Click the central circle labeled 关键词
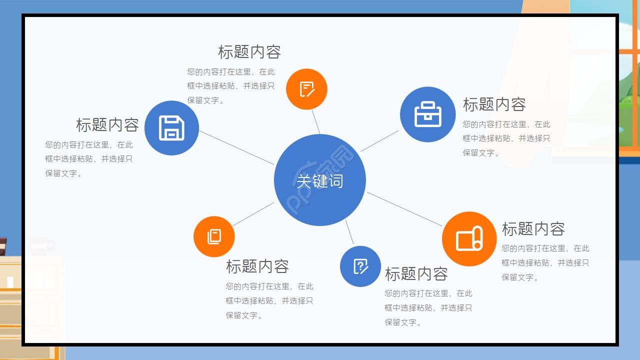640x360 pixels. (320, 180)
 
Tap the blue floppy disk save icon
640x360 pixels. (171, 128)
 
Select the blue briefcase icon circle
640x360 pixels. (428, 114)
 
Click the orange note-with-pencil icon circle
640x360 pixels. (306, 89)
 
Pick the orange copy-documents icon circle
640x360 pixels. (214, 236)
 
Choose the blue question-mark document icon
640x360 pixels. (360, 266)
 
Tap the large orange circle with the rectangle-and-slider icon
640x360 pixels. (469, 239)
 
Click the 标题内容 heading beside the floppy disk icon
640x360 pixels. (107, 124)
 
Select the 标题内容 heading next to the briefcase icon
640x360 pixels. (494, 104)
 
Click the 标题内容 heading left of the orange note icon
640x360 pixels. (249, 52)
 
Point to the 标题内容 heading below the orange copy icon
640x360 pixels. (257, 266)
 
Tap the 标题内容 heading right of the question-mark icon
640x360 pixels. (416, 274)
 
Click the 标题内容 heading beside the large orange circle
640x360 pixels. (533, 229)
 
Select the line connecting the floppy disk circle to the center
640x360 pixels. (236, 147)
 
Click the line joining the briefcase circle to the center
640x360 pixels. (379, 141)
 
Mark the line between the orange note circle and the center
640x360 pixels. (316, 121)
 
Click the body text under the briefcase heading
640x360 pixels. (506, 138)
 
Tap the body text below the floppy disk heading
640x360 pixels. (89, 159)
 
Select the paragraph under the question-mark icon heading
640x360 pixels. (428, 307)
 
